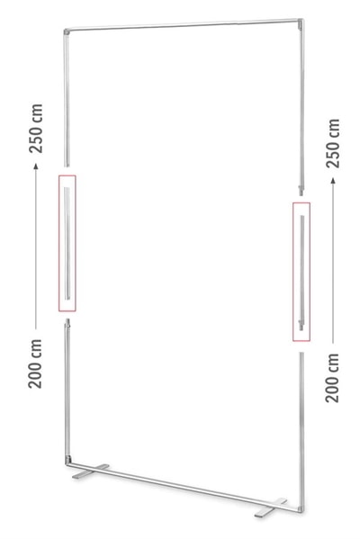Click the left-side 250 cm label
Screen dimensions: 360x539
[x=36, y=128]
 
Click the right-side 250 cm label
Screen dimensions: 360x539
[x=333, y=143]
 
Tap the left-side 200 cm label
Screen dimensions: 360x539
[x=35, y=364]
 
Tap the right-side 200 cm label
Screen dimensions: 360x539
[x=332, y=378]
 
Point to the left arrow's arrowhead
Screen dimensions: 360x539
[x=36, y=166]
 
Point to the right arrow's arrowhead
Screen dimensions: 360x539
[x=333, y=180]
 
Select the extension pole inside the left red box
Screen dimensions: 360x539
[x=67, y=243]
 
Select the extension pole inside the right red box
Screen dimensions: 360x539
[x=301, y=273]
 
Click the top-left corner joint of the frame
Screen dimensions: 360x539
[x=67, y=31]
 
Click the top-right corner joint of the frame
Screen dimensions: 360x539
[x=301, y=22]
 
